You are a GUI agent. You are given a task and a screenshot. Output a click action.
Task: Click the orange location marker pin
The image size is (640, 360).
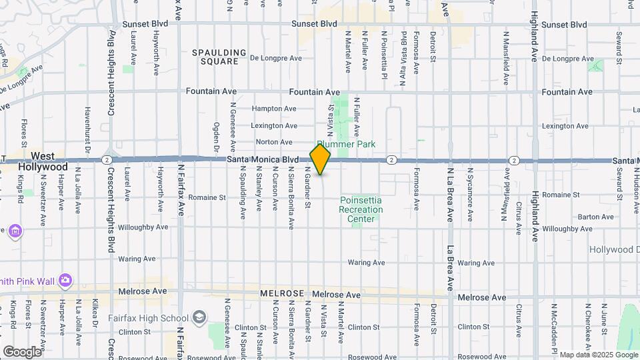pyautogui.click(x=321, y=159)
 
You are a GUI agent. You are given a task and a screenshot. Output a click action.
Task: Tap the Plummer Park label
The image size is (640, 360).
pyautogui.click(x=346, y=144)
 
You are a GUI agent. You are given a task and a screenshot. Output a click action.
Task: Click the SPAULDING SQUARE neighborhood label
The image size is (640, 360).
pyautogui.click(x=215, y=57)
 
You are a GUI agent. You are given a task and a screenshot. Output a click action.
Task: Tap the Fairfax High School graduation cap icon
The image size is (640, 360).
pyautogui.click(x=199, y=317)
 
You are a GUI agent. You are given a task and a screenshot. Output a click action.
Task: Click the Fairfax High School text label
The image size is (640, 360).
pyautogui.click(x=156, y=318)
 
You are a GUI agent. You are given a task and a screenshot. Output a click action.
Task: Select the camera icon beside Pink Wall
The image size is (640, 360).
pyautogui.click(x=65, y=280)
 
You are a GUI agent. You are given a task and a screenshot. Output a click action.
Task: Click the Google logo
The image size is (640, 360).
pyautogui.click(x=22, y=351)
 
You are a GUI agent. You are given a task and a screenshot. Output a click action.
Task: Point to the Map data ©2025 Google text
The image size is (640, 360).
pyautogui.click(x=598, y=355)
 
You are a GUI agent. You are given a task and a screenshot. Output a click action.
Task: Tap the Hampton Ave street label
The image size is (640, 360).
pyautogui.click(x=274, y=109)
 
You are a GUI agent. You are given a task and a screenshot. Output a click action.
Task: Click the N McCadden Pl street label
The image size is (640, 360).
pyautogui.click(x=554, y=328)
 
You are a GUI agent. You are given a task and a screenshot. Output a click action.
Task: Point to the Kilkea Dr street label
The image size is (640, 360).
pyautogui.click(x=95, y=313)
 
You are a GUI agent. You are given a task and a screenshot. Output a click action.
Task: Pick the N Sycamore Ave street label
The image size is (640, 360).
pyautogui.click(x=470, y=199)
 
